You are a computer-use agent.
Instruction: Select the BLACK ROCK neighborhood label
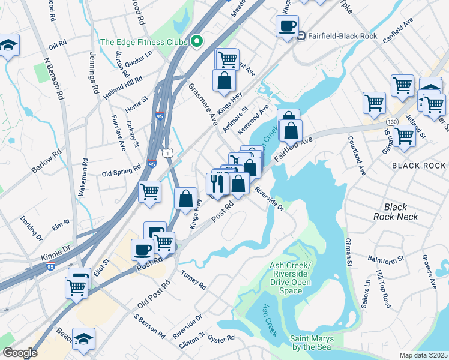pyautogui.click(x=418, y=165)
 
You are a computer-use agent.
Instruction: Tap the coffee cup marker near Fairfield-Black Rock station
pyautogui.click(x=286, y=26)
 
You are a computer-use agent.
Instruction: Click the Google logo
pyautogui.click(x=20, y=352)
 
